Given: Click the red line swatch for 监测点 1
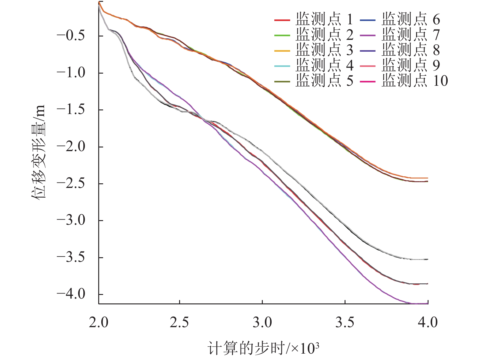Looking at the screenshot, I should tap(282, 20).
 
